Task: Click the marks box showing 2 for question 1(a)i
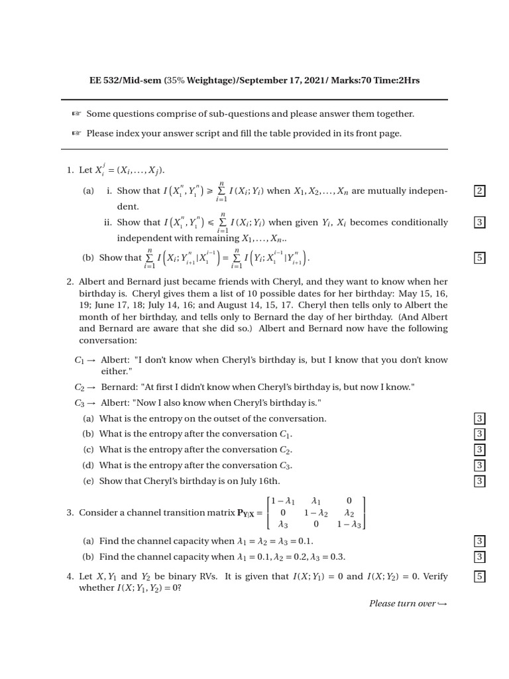479,191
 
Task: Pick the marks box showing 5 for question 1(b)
479,257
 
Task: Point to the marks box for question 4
479,576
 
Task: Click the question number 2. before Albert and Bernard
70,281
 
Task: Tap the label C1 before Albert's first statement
80,360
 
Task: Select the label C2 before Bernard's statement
80,387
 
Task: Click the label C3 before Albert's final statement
80,403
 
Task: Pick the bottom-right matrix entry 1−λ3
349,524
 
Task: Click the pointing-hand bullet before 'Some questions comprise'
76,114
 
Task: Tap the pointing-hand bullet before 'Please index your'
76,133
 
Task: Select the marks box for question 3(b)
479,557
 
